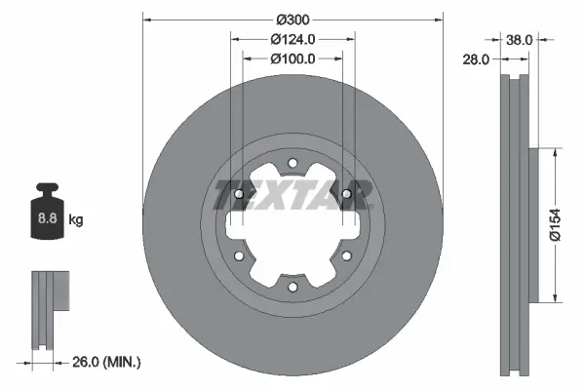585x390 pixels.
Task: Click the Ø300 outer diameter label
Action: (292, 19)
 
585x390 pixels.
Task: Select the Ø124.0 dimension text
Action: (292, 40)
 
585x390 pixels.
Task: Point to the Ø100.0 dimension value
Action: (292, 59)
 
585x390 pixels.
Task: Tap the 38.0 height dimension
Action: (520, 40)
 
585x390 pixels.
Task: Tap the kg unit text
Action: (77, 220)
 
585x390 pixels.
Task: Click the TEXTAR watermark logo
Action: (292, 194)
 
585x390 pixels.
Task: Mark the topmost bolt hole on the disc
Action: (292, 164)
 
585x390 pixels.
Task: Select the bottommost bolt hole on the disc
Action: (292, 286)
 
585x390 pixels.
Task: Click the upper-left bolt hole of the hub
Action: (240, 194)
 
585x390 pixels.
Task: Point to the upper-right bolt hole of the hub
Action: (346, 194)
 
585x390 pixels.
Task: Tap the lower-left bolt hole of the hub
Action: (240, 255)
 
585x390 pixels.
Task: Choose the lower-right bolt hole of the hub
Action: (346, 255)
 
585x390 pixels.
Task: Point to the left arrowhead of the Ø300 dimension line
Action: (147, 19)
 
